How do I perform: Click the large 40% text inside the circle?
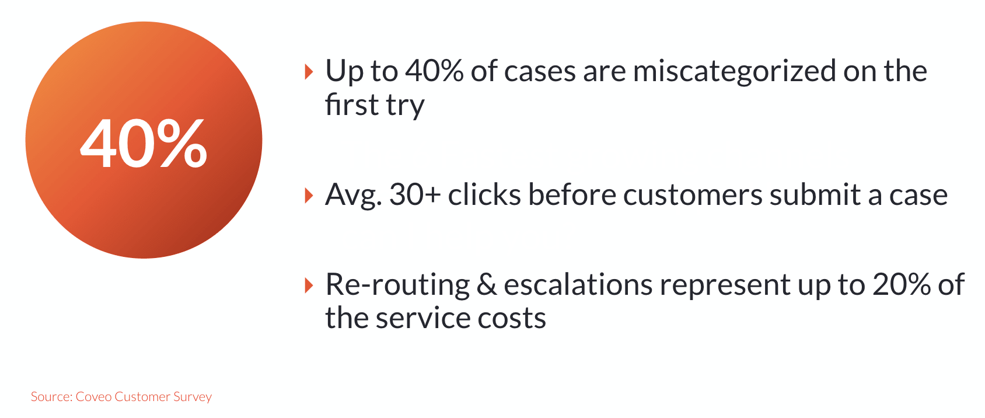click(144, 144)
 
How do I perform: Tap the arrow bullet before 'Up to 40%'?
click(309, 72)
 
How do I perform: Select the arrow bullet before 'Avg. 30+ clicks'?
click(309, 196)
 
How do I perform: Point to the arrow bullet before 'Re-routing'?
click(309, 285)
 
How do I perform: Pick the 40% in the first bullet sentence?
click(434, 71)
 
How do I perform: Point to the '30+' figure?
click(415, 194)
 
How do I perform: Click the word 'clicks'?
click(484, 194)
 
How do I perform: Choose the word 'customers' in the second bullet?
click(693, 194)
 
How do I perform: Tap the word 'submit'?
click(815, 194)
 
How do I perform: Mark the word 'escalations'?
click(578, 284)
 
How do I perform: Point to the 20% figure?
click(902, 284)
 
